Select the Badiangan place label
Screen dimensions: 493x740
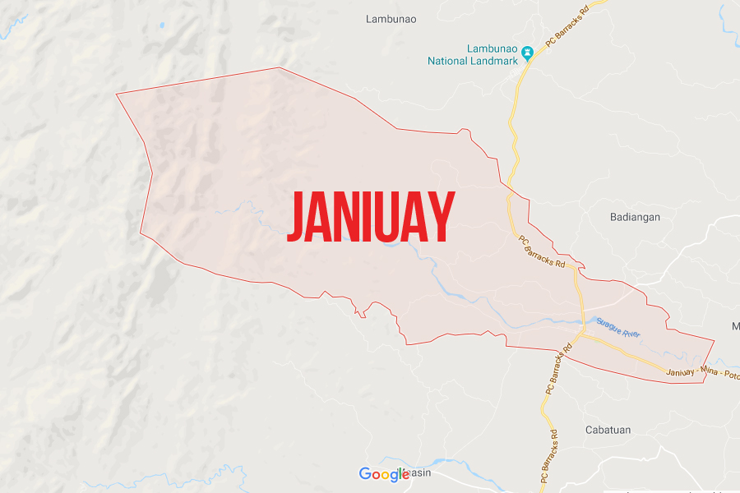tap(636, 217)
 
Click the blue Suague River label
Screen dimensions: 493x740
tap(617, 329)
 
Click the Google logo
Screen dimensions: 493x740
tap(384, 474)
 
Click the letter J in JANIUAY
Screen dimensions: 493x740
tap(296, 218)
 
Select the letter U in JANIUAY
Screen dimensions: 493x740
tap(387, 218)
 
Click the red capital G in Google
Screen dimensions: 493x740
tap(365, 474)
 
